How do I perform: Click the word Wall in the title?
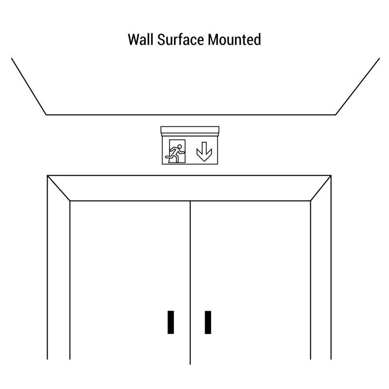coord(141,40)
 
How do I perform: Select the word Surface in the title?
coord(180,40)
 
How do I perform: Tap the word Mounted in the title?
coord(234,40)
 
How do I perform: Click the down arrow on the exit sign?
coord(204,151)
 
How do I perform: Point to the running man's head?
coord(179,147)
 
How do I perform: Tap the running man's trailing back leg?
coord(169,156)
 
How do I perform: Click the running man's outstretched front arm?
coord(182,152)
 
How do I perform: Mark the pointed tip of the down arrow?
coord(204,161)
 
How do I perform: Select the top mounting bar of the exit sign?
coord(190,130)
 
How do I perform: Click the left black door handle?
coord(171,322)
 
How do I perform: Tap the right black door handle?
coord(208,322)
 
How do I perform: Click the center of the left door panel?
coord(130,280)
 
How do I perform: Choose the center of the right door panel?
coord(250,280)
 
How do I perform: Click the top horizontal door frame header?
coord(189,188)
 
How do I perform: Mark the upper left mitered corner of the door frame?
coord(47,176)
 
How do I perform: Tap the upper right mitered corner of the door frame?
coord(331,176)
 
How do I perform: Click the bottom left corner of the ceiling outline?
coord(46,115)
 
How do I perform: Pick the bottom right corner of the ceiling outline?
coord(336,115)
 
